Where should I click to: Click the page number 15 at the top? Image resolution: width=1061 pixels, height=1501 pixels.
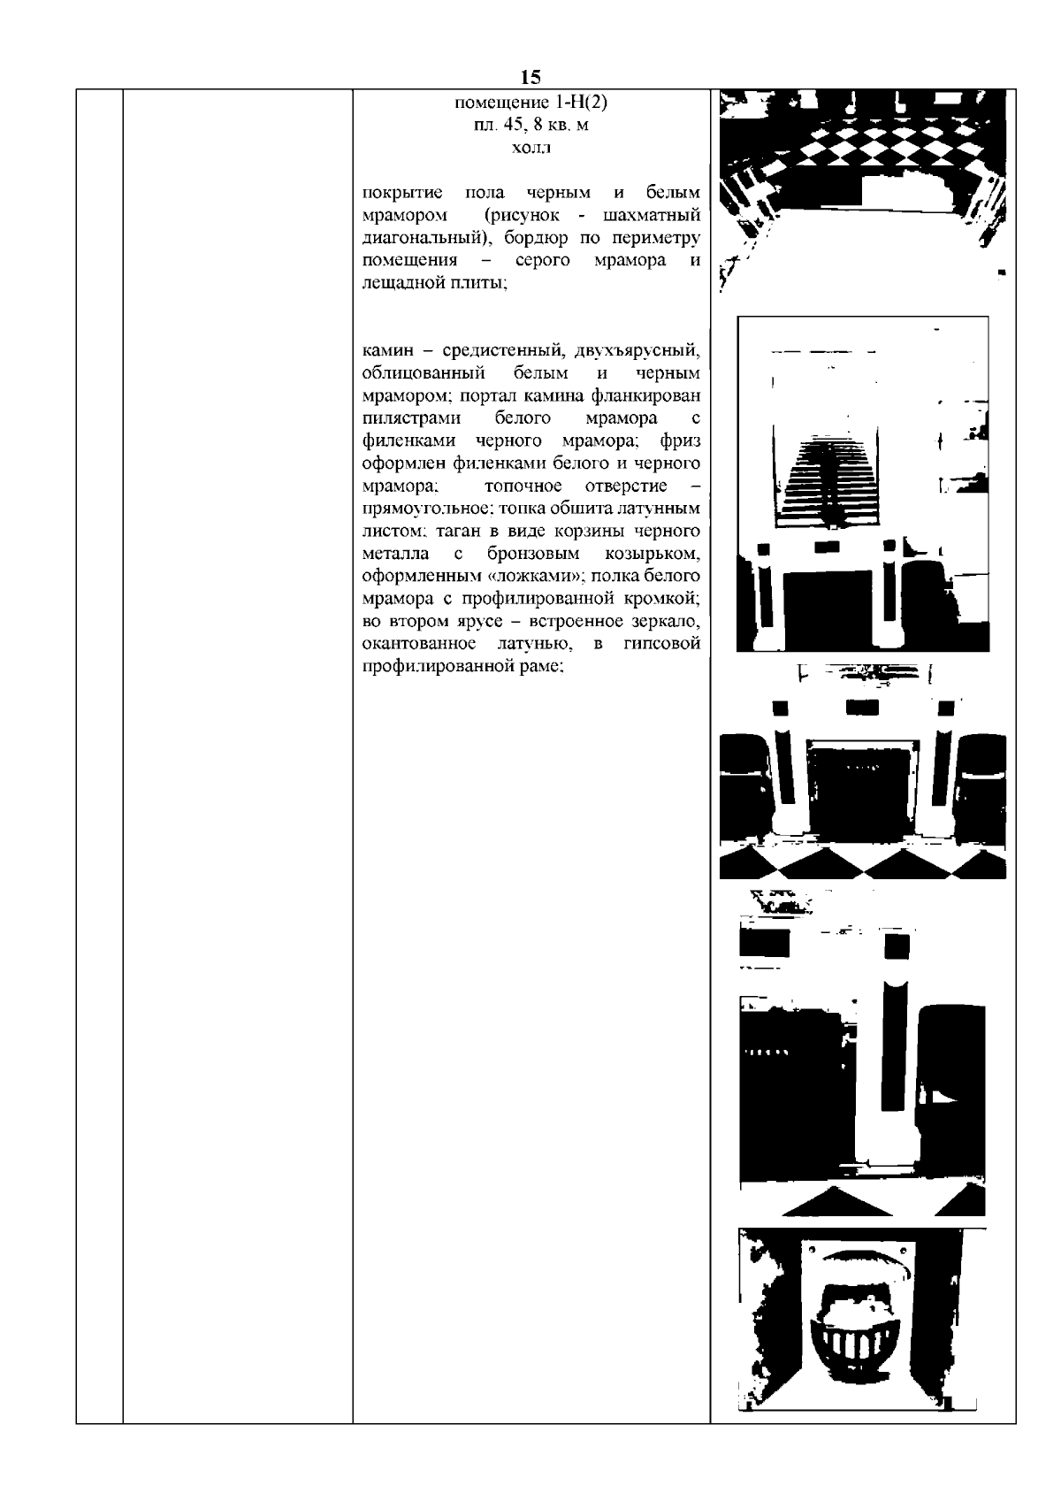(x=531, y=77)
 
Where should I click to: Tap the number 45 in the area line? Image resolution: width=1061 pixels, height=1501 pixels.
(x=509, y=126)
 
